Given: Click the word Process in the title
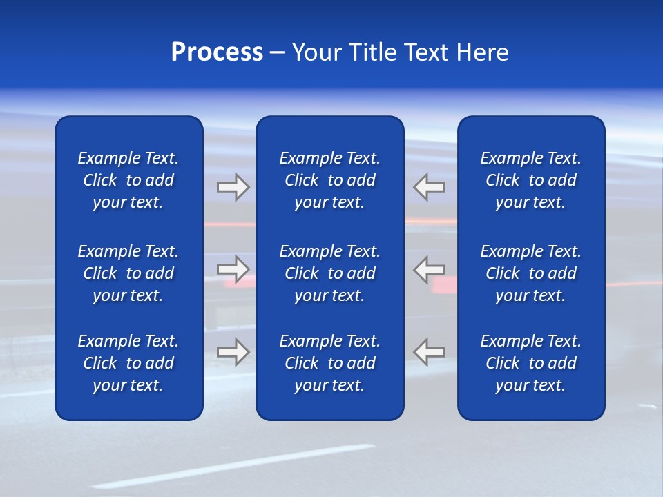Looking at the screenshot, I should tap(217, 52).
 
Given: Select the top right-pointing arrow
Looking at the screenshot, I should tap(233, 187).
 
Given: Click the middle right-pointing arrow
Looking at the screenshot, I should tap(233, 269).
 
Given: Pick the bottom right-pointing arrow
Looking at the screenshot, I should tap(233, 351).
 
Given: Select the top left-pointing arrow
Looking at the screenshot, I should tap(430, 187).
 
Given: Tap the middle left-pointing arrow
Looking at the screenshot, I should tap(430, 269).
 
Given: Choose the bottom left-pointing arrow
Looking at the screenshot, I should tap(430, 351).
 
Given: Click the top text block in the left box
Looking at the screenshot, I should tap(128, 180).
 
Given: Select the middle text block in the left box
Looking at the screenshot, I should tap(128, 273).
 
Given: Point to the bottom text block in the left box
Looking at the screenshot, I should tap(128, 363).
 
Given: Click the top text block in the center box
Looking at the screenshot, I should tap(329, 180).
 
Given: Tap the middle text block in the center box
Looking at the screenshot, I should tap(329, 273).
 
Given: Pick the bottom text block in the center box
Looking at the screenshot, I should tap(329, 363).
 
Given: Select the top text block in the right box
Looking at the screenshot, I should tap(530, 180).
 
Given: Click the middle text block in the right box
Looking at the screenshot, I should tap(530, 273).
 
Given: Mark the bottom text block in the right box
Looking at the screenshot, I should tap(530, 363).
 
